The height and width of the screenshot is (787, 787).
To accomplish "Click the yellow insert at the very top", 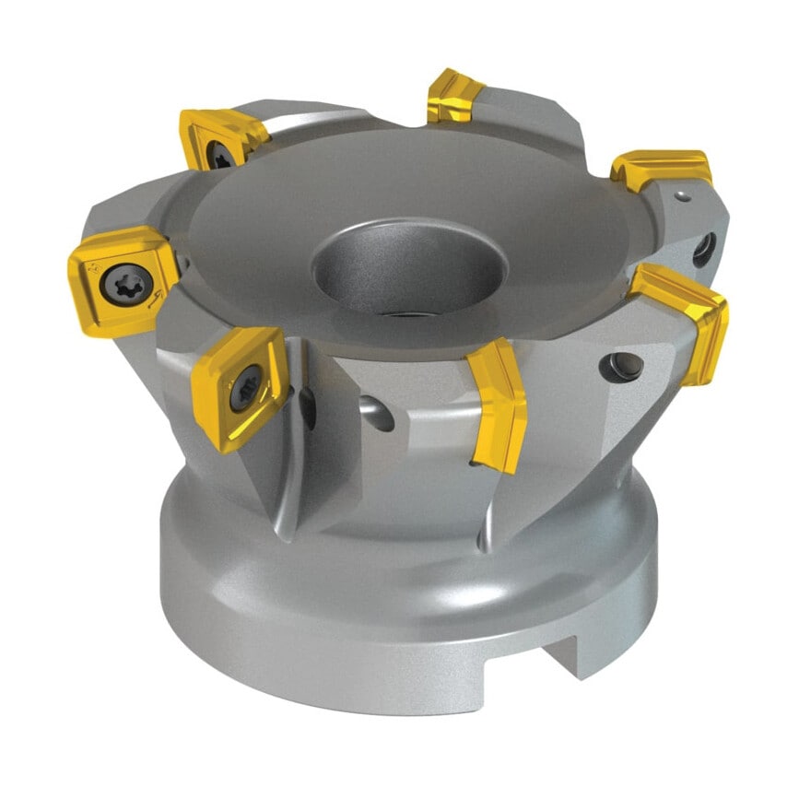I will (454, 96).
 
